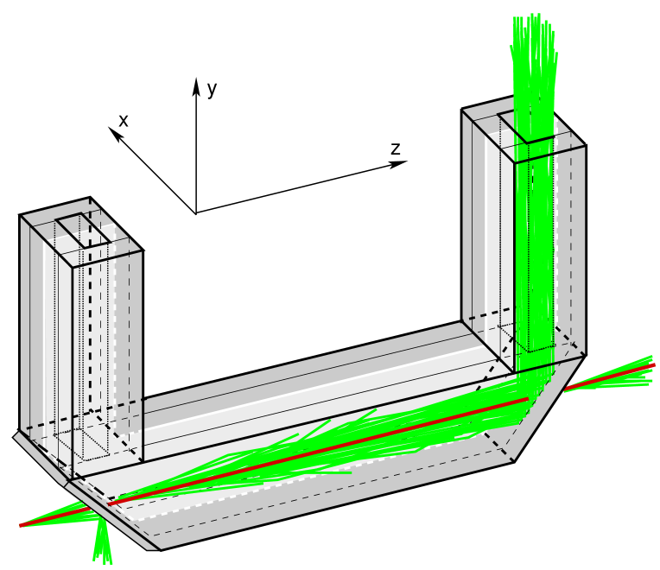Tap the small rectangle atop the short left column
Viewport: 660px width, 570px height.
click(85, 230)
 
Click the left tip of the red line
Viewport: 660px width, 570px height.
click(21, 525)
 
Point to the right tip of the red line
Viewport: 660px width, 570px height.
click(653, 365)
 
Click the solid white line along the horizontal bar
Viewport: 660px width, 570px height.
click(302, 389)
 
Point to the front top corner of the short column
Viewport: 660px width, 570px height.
click(73, 266)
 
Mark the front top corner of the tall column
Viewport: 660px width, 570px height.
click(515, 161)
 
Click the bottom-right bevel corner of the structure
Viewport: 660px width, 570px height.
click(513, 460)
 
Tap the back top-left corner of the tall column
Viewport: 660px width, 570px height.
click(463, 111)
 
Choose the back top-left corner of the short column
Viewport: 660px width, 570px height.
click(22, 217)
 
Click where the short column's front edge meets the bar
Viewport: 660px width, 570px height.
click(73, 479)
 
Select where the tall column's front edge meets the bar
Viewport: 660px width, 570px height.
click(515, 373)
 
